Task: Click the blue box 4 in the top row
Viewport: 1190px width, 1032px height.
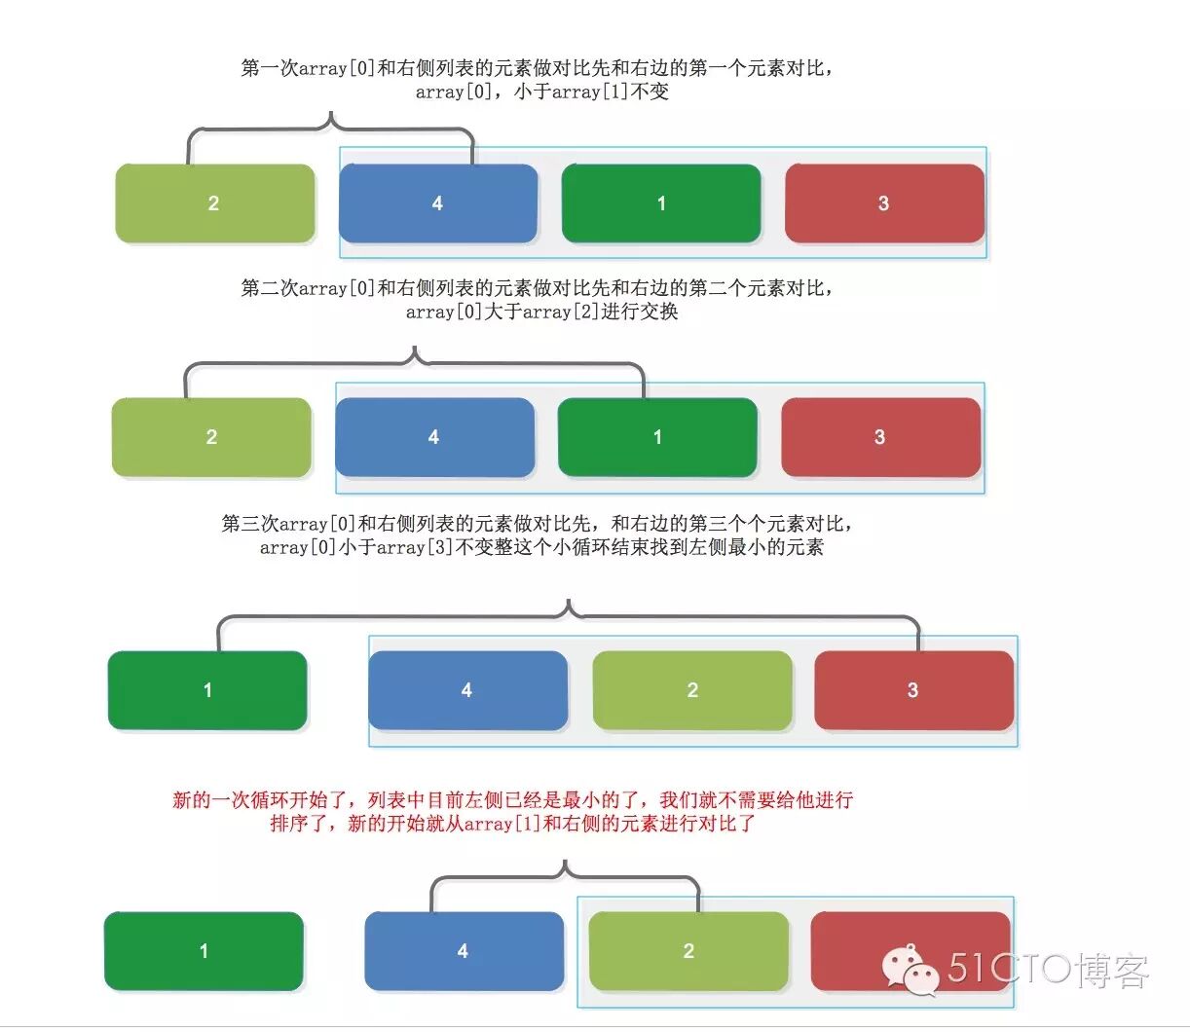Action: (x=437, y=203)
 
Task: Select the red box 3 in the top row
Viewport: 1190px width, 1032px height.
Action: (x=883, y=203)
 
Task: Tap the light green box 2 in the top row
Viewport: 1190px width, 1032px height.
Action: (x=214, y=203)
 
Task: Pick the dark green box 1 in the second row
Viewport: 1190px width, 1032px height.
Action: (x=657, y=437)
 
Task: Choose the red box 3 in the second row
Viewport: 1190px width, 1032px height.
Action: (x=880, y=437)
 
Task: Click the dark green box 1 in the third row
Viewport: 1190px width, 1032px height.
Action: (x=207, y=690)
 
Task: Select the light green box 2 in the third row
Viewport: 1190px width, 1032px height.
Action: (x=691, y=690)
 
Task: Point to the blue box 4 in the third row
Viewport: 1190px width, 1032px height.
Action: (x=467, y=690)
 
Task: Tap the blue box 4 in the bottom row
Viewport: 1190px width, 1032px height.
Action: (x=464, y=951)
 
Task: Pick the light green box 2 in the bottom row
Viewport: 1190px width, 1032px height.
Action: (x=688, y=951)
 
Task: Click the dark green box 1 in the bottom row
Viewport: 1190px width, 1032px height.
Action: (x=204, y=951)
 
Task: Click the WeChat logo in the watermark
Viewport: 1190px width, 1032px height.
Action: (x=910, y=970)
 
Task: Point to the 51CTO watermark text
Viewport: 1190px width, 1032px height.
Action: (x=1047, y=970)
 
